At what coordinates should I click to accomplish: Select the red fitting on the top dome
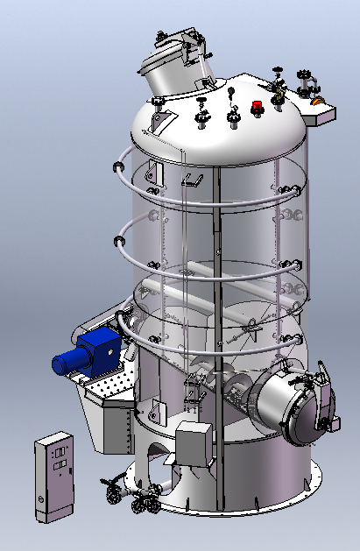[x=257, y=108]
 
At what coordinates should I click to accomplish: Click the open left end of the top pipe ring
[x=116, y=166]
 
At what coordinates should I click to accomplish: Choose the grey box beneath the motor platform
[x=118, y=425]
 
